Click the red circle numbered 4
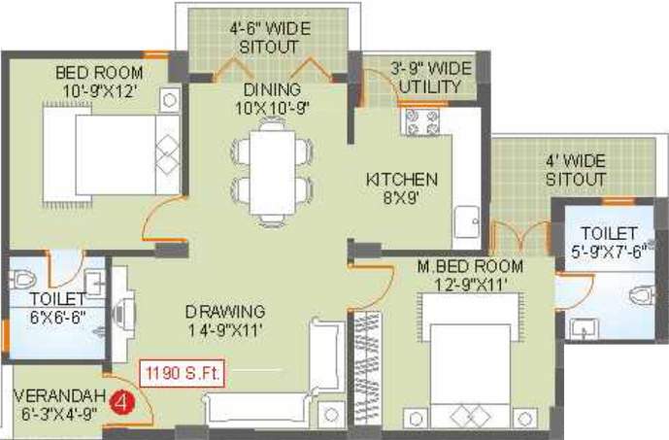coord(120,399)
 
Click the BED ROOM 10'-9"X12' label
coord(98,82)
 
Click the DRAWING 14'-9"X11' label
coord(226,321)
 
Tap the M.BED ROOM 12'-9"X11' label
coord(470,275)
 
